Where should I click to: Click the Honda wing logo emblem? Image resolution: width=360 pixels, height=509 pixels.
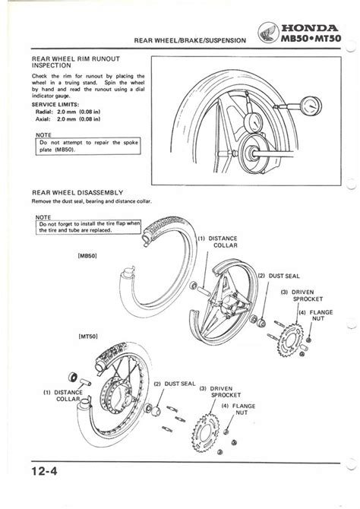[x=268, y=33]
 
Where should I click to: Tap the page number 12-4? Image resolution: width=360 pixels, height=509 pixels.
[x=44, y=471]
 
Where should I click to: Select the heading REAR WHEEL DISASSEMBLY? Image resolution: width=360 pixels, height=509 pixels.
[x=77, y=192]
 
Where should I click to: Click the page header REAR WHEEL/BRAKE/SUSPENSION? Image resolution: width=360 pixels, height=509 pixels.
[x=190, y=40]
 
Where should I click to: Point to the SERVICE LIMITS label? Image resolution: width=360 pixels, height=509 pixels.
[x=55, y=105]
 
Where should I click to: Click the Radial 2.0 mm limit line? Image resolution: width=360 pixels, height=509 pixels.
[x=68, y=112]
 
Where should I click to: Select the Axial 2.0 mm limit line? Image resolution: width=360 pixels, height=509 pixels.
[x=68, y=119]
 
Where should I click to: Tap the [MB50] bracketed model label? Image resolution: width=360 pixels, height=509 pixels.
[x=87, y=256]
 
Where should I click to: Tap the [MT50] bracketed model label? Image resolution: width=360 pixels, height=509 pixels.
[x=88, y=337]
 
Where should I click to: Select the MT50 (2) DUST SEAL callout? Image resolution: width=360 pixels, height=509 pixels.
[x=175, y=384]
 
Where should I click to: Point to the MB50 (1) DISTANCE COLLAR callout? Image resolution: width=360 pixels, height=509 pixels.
[x=218, y=242]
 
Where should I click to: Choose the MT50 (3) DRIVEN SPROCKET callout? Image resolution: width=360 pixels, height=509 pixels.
[x=220, y=392]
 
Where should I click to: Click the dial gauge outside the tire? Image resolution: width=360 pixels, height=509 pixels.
[x=311, y=106]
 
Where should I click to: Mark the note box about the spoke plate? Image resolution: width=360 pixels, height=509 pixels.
[x=88, y=146]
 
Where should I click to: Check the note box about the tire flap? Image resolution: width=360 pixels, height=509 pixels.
[x=88, y=227]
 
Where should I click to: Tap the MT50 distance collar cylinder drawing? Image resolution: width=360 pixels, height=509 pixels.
[x=85, y=381]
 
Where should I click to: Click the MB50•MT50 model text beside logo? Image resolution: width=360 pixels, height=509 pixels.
[x=311, y=39]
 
